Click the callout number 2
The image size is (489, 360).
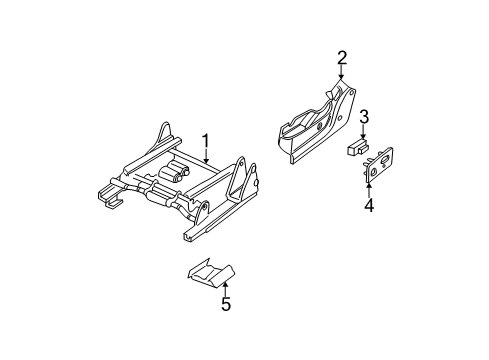click(341, 58)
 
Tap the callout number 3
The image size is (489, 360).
click(365, 118)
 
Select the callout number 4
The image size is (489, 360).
click(368, 207)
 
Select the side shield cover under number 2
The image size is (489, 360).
click(315, 125)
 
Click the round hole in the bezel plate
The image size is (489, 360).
click(372, 171)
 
